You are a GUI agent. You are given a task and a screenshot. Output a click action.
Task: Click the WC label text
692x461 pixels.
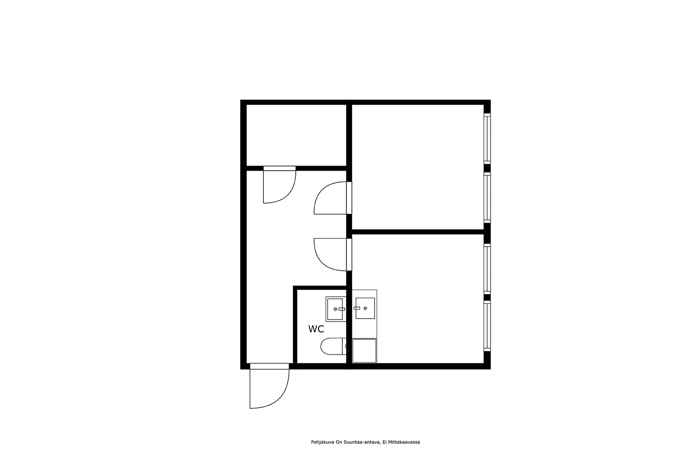coord(316,329)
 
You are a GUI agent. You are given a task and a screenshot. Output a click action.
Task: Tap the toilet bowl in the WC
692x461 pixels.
coord(332,347)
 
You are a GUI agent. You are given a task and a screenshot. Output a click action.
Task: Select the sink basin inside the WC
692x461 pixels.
coord(335,309)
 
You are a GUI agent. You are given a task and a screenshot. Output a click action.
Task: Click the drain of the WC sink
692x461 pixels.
coord(335,309)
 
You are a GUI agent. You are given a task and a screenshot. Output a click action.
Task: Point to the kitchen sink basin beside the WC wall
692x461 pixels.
coord(365,308)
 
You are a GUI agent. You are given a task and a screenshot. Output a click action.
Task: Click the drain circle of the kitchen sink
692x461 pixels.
coord(365,308)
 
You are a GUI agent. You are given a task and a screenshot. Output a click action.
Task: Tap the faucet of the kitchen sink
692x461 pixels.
coord(357,308)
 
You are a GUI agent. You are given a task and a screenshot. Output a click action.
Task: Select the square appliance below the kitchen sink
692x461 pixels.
coord(364,351)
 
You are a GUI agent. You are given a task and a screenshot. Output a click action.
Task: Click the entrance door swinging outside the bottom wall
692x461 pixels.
coord(269,386)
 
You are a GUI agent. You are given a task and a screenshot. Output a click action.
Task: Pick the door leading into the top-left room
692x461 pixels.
coord(279,185)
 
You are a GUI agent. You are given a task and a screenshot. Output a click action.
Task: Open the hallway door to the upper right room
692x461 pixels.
coord(333,198)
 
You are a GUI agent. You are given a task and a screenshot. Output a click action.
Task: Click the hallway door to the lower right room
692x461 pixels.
coord(333,255)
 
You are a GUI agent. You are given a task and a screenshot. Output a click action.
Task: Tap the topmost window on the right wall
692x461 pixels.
coord(487,139)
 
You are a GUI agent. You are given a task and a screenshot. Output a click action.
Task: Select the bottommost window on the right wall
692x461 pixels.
coord(487,326)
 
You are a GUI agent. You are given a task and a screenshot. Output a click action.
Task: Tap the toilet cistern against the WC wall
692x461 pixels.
coord(345,347)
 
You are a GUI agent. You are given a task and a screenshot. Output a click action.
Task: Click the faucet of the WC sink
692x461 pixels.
coord(342,309)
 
